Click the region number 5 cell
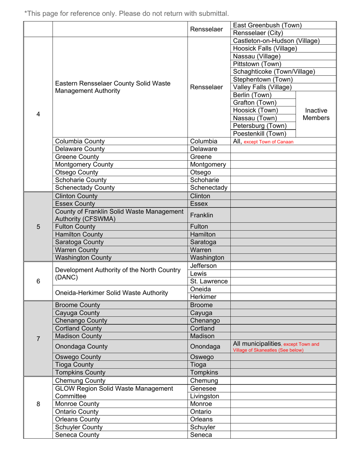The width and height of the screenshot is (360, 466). [x=38, y=227]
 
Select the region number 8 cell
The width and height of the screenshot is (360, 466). [x=38, y=404]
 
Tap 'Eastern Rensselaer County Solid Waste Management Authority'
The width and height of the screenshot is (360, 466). [x=113, y=87]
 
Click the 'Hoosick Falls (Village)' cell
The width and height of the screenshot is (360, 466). [x=265, y=48]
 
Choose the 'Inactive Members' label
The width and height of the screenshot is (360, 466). [x=316, y=114]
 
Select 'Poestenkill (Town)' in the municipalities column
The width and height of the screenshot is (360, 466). [x=260, y=133]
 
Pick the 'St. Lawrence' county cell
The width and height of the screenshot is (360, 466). [x=209, y=281]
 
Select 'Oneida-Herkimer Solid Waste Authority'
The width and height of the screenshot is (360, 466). [x=112, y=293]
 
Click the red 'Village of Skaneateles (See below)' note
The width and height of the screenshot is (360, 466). [x=268, y=350]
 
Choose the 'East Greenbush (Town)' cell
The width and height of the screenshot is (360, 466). [x=267, y=25]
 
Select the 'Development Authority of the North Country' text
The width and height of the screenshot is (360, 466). [x=117, y=270]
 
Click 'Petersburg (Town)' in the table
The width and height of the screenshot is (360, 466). [x=260, y=126]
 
